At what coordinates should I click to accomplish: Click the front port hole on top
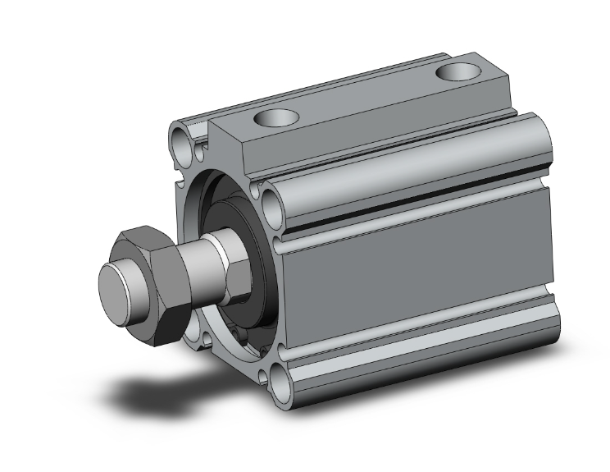pos(272,119)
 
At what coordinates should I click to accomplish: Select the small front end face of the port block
pos(230,148)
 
